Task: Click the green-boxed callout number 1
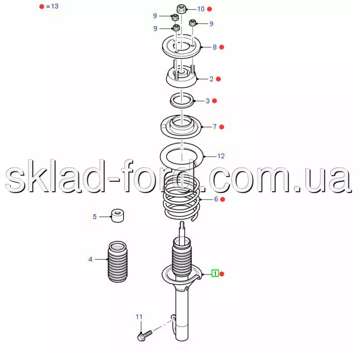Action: [215, 273]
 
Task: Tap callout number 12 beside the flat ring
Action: [221, 156]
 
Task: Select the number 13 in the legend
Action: [55, 6]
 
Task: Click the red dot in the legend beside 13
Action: [41, 6]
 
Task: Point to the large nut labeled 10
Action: [181, 9]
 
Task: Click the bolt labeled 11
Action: [144, 335]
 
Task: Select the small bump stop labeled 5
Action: [117, 216]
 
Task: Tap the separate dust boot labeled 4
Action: [117, 261]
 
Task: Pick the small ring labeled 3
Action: [182, 100]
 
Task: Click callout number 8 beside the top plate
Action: [215, 47]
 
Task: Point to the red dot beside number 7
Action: [221, 127]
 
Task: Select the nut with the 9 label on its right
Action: [193, 23]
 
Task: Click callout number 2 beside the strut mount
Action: [211, 79]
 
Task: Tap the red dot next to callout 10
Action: [209, 9]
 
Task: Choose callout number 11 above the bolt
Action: [139, 317]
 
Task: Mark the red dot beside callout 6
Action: [222, 199]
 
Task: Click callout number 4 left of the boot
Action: [90, 259]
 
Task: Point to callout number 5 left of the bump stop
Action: [94, 216]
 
